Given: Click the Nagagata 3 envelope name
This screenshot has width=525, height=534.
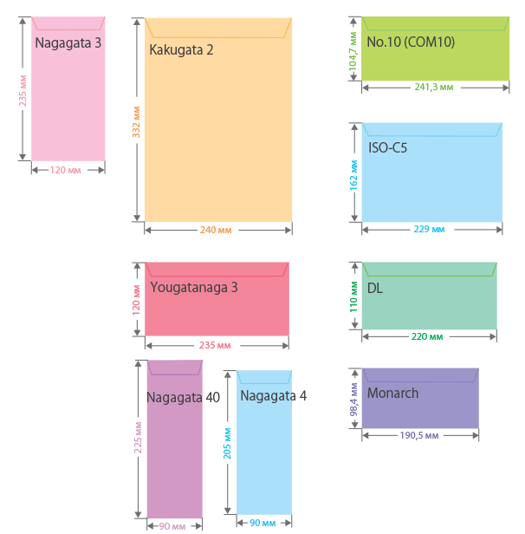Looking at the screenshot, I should tap(68, 42).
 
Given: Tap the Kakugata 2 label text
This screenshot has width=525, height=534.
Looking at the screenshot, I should tap(181, 49).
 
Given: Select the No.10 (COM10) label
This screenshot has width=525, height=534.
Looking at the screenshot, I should tap(410, 42).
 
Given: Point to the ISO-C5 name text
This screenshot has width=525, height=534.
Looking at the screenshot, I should tap(387, 147).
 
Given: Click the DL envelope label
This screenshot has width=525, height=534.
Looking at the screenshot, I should tap(375, 288).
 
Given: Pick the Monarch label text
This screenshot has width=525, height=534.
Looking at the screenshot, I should tap(392, 394).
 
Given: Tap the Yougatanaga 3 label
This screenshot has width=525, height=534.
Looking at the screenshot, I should tap(193, 287).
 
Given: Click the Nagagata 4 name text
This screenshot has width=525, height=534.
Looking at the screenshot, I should tap(273, 396).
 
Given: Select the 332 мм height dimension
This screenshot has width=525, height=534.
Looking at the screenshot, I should tap(136, 121).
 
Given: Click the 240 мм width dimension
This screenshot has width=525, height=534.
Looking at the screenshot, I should tap(216, 231).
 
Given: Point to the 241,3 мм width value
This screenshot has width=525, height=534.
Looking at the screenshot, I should tap(431, 88).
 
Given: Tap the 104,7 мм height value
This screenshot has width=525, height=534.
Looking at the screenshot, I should tap(353, 50).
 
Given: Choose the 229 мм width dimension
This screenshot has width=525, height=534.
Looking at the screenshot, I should tap(429, 230).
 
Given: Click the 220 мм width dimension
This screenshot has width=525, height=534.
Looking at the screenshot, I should tap(427, 336).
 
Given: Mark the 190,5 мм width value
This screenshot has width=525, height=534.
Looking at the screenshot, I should tap(419, 435).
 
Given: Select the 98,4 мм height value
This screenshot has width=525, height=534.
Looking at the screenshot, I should tap(353, 400).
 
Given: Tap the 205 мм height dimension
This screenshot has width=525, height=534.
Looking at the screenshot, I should tap(227, 443).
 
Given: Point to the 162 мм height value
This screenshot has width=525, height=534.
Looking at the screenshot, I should tap(353, 173).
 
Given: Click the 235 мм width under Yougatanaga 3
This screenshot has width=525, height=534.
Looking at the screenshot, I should tap(215, 345).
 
